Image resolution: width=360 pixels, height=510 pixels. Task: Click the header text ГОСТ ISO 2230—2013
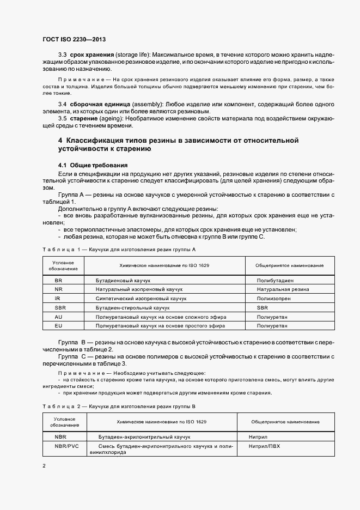(74, 39)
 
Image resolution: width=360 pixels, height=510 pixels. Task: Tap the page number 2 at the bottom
(44, 466)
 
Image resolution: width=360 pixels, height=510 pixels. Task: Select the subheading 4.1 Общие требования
(93, 165)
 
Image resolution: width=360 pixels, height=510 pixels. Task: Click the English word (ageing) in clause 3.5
(111, 118)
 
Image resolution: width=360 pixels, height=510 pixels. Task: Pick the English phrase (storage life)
(132, 55)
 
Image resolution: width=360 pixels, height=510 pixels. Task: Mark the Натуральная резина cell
(283, 289)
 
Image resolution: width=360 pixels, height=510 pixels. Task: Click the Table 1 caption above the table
(119, 249)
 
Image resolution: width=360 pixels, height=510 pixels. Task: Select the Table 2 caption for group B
(118, 406)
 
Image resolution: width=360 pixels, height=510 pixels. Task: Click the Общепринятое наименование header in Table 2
(285, 422)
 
